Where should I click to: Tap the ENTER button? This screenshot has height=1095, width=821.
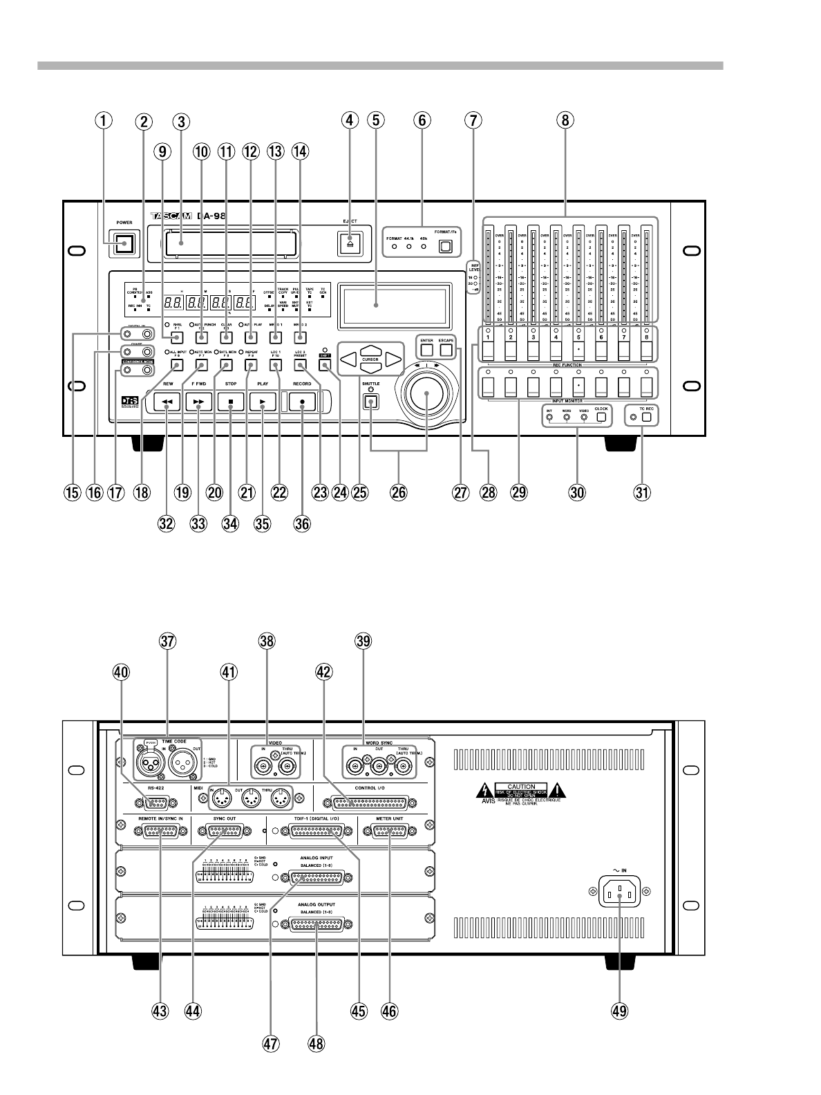[426, 350]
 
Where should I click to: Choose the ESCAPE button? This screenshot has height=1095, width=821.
[446, 350]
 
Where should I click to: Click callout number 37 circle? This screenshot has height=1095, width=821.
[167, 641]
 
